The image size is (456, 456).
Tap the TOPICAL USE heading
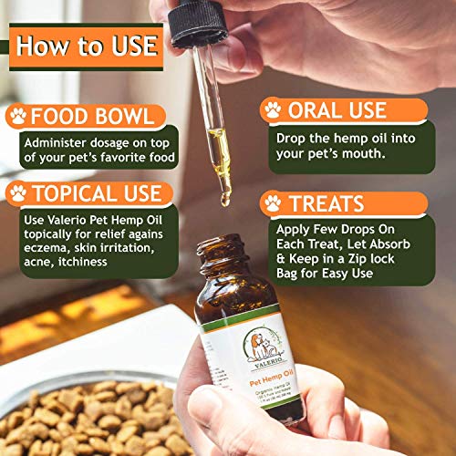click(97, 193)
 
